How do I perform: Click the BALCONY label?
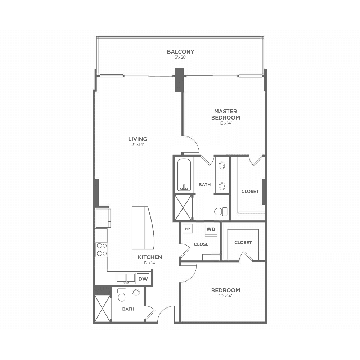pyautogui.click(x=180, y=51)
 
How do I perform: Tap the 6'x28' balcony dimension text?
pyautogui.click(x=180, y=57)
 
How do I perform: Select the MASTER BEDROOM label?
pyautogui.click(x=225, y=114)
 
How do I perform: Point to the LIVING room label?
pyautogui.click(x=138, y=139)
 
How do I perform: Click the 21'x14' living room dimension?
pyautogui.click(x=138, y=145)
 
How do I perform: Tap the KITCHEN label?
pyautogui.click(x=150, y=257)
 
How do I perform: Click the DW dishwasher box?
pyautogui.click(x=143, y=279)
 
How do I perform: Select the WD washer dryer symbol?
pyautogui.click(x=211, y=230)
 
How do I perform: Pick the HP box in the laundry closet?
pyautogui.click(x=187, y=229)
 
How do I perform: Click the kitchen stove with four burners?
pyautogui.click(x=102, y=249)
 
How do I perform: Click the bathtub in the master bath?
pyautogui.click(x=184, y=175)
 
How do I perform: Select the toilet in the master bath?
pyautogui.click(x=221, y=211)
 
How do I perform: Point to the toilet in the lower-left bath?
pyautogui.click(x=122, y=295)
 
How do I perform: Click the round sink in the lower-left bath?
pyautogui.click(x=136, y=292)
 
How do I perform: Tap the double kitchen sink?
pyautogui.click(x=125, y=278)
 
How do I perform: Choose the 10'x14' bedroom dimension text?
pyautogui.click(x=225, y=296)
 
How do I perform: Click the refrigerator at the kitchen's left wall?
pyautogui.click(x=103, y=218)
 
